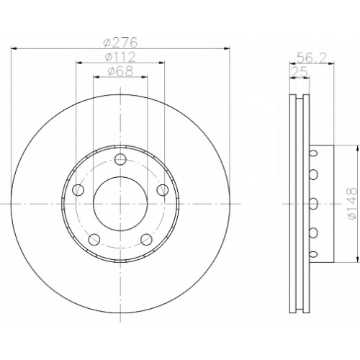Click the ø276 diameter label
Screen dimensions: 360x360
tap(120, 42)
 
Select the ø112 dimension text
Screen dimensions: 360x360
tap(120, 57)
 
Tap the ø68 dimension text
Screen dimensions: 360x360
tap(120, 71)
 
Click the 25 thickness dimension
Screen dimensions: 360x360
tap(300, 72)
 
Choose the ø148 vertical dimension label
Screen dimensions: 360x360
tap(352, 204)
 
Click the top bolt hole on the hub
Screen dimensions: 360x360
tap(120, 159)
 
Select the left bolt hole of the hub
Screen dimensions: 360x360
tap(78, 190)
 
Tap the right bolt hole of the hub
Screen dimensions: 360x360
tap(163, 190)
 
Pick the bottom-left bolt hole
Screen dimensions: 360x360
tap(94, 240)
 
